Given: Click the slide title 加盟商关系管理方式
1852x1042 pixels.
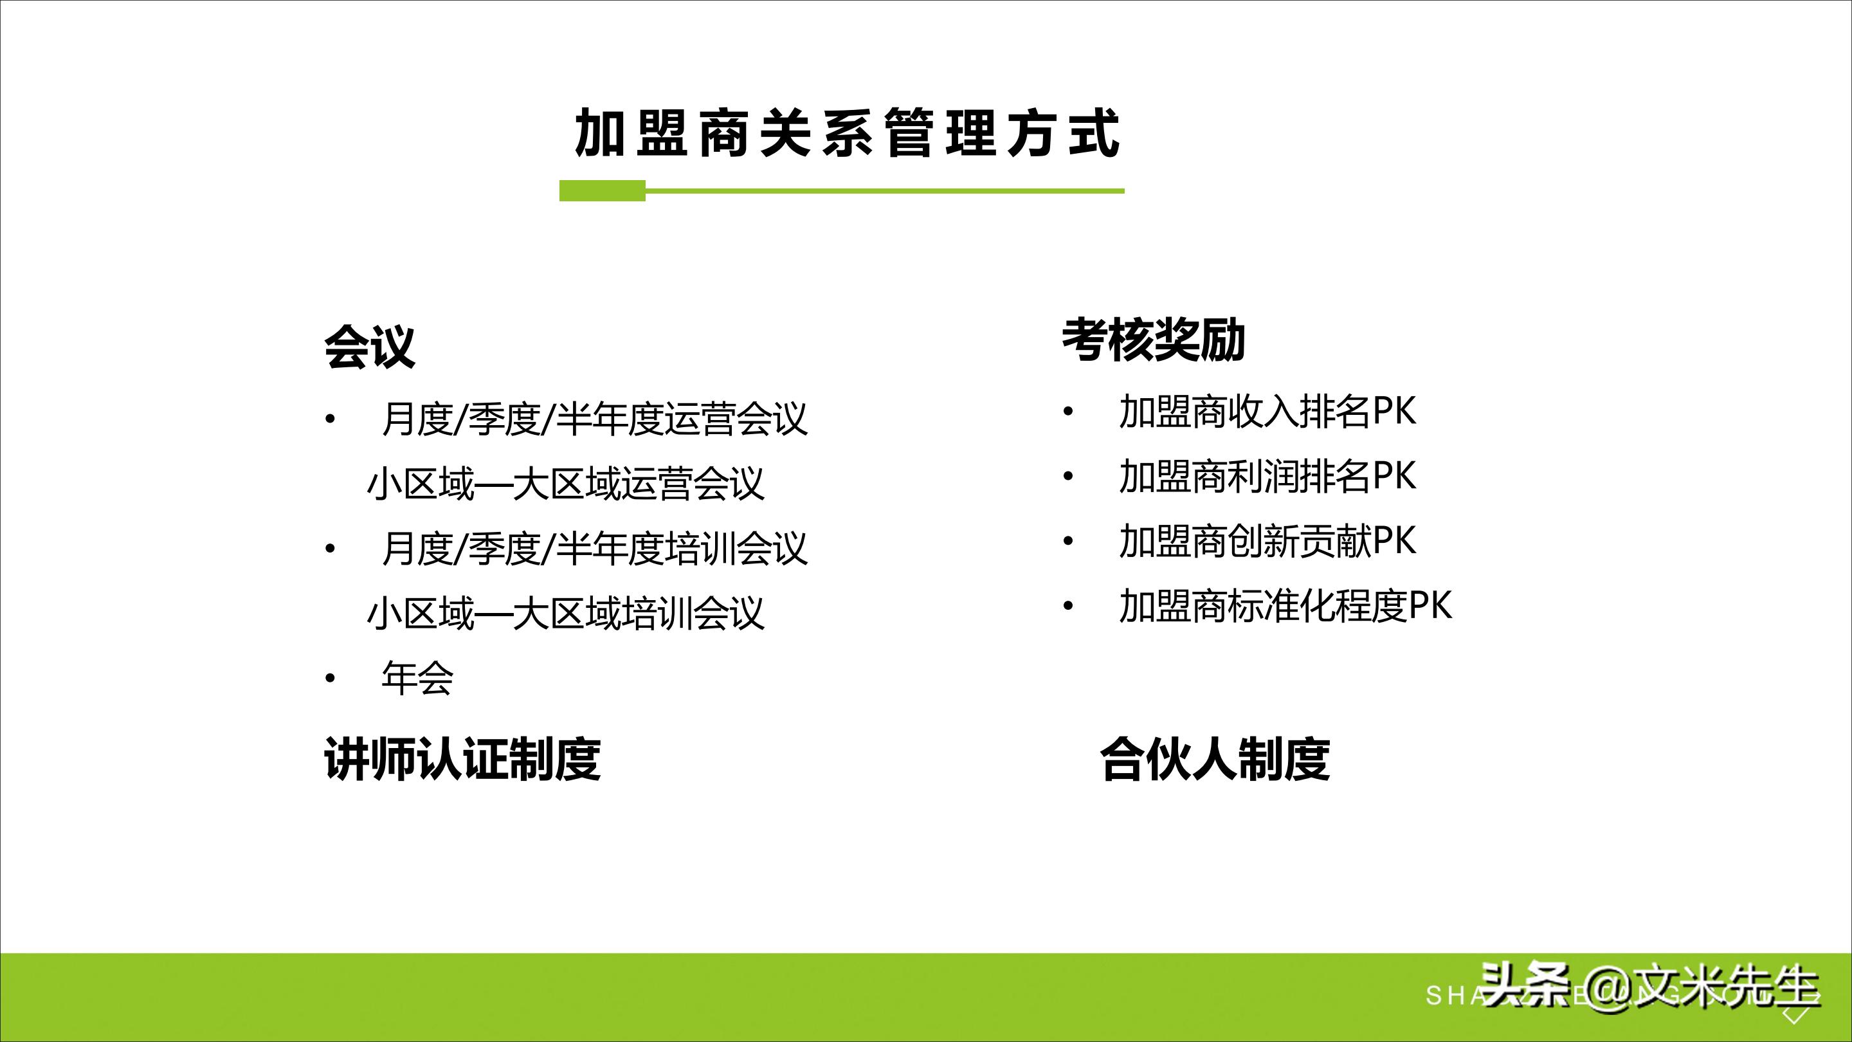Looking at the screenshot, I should (x=847, y=133).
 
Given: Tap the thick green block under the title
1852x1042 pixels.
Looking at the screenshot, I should (x=602, y=190).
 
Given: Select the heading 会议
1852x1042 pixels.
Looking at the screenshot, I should (x=370, y=347).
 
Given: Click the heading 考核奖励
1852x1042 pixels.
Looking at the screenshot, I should (x=1153, y=340).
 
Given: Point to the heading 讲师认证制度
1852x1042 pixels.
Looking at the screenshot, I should (x=462, y=759).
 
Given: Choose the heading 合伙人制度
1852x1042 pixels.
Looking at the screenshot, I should (x=1214, y=759).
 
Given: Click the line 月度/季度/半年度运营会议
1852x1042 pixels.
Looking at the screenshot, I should (x=595, y=419).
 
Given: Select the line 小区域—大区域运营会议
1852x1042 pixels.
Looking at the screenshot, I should (x=565, y=483).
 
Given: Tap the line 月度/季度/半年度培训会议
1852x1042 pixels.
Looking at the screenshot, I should (x=595, y=548).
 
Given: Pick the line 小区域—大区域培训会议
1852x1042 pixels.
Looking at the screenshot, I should (x=565, y=613).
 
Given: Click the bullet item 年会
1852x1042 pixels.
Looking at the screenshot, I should (x=417, y=678).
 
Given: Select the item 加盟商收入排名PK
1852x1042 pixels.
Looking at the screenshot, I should (x=1267, y=412).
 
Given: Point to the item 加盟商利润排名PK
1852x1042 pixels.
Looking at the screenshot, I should (x=1267, y=476).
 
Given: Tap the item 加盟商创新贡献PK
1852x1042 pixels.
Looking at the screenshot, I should (x=1267, y=541).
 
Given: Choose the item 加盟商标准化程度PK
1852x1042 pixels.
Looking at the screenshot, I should (x=1285, y=605).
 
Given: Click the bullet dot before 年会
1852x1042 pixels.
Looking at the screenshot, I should (x=330, y=678).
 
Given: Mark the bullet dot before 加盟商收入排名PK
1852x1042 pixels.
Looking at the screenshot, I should (x=1068, y=413).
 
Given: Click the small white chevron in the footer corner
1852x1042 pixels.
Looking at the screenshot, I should (x=1796, y=1016).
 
